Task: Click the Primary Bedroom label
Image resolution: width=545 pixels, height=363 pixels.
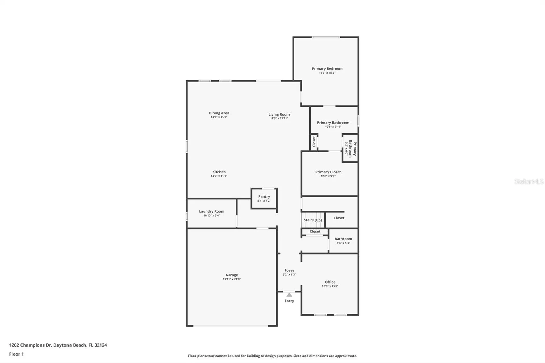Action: click(327, 68)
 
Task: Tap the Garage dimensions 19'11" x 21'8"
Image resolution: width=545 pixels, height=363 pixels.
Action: click(232, 279)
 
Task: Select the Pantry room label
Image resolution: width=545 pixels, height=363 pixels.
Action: click(264, 196)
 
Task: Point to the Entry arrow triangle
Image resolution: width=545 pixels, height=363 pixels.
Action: click(289, 295)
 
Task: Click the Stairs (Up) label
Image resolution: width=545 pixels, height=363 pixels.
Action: click(313, 220)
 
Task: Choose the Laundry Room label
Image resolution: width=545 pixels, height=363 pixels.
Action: click(211, 211)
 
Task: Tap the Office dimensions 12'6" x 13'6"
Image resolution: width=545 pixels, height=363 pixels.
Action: click(330, 286)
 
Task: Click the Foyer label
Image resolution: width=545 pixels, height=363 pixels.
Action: click(289, 270)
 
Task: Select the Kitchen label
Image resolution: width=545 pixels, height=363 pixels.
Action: click(219, 172)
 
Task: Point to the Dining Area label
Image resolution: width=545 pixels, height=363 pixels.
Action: click(219, 113)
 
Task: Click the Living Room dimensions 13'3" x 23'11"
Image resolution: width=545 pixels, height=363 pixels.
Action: click(279, 119)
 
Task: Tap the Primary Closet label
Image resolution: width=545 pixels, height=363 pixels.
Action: click(328, 172)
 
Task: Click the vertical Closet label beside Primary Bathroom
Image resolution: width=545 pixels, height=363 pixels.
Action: click(314, 141)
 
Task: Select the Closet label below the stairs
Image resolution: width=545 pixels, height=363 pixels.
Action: click(315, 232)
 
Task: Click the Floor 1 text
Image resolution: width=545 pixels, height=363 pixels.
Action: click(16, 354)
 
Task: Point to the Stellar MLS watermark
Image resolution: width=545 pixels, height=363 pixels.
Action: click(529, 182)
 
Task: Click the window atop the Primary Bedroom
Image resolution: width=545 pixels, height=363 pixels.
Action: click(326, 37)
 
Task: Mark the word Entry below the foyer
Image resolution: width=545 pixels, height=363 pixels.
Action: click(289, 301)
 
